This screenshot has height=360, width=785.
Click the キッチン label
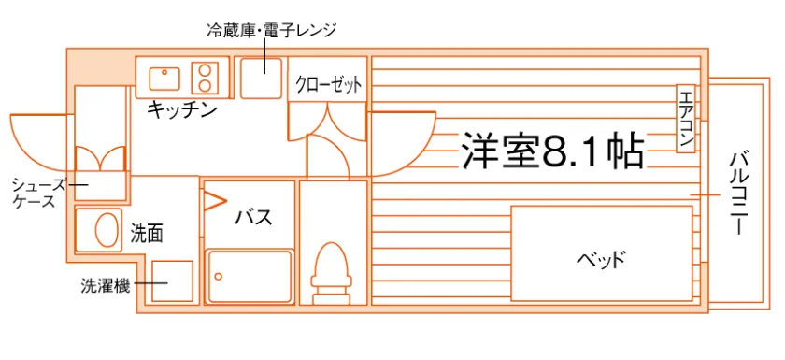click(x=181, y=110)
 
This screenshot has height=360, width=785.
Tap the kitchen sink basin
click(x=164, y=78)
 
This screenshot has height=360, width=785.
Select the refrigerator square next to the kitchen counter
click(x=261, y=78)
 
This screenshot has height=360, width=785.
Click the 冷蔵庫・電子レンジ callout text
click(x=271, y=30)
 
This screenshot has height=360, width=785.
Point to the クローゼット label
click(x=328, y=85)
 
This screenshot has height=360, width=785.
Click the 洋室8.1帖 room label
click(x=552, y=151)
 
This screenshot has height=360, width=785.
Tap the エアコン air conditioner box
click(x=685, y=118)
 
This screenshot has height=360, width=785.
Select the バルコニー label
click(x=738, y=194)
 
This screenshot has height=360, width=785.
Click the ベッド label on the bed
click(x=601, y=260)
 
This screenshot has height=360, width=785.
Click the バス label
click(x=254, y=217)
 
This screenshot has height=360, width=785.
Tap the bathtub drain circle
click(x=219, y=276)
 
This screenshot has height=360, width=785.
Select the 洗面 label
click(x=147, y=234)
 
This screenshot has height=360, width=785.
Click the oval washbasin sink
click(x=106, y=230)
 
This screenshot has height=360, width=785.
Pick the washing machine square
click(x=172, y=281)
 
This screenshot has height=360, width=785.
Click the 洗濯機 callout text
click(x=106, y=286)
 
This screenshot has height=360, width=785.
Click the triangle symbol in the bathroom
click(x=215, y=201)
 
